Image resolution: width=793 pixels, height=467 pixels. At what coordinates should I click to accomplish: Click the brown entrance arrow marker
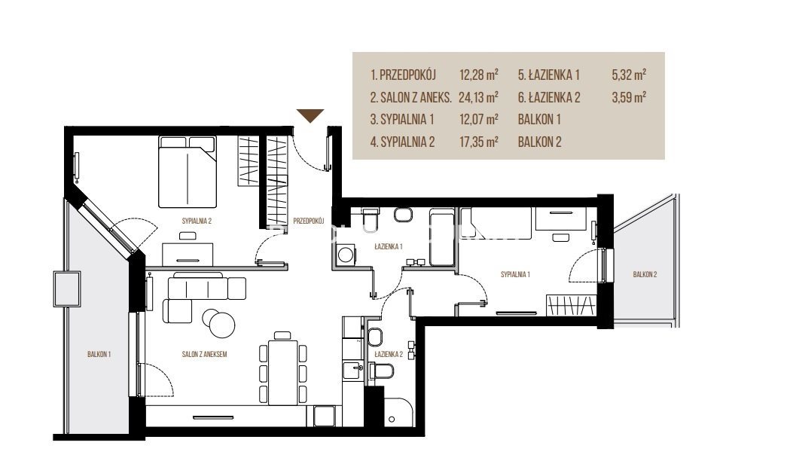310,115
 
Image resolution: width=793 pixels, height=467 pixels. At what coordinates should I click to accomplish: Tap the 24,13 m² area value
478,97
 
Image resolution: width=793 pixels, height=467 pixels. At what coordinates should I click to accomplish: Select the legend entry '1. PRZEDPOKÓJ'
403,75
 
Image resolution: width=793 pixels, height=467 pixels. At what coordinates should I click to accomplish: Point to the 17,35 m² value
478,142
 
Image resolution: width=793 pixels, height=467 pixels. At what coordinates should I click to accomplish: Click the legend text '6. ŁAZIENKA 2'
549,97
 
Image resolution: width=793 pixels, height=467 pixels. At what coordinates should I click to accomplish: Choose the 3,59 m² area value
629,97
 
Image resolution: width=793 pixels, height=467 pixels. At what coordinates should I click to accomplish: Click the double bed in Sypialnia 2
188,172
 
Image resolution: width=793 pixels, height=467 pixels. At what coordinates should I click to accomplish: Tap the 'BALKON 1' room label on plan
99,354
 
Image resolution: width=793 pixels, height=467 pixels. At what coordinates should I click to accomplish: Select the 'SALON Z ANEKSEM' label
204,354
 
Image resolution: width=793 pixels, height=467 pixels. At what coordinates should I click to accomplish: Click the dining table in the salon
282,372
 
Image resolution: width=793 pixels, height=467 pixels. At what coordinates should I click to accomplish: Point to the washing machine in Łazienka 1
346,254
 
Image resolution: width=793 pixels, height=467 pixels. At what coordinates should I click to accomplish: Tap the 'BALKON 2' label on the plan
645,274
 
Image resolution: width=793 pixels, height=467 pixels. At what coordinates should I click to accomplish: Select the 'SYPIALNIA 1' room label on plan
515,274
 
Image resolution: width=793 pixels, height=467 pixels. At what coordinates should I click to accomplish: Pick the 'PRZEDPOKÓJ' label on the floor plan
308,221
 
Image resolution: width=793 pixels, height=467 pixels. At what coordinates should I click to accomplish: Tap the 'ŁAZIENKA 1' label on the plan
389,246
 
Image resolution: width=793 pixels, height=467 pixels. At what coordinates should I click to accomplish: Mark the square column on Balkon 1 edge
67,289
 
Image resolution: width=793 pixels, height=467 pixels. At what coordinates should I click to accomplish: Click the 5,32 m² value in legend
629,75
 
